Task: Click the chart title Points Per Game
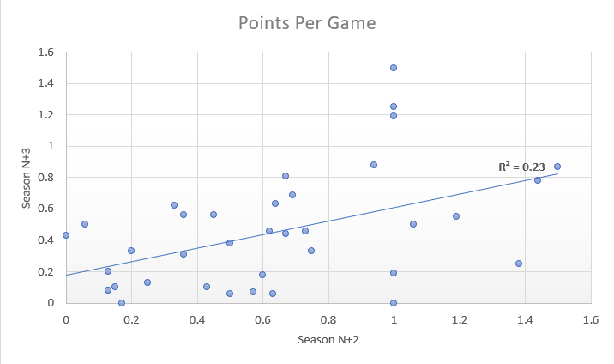tap(306, 23)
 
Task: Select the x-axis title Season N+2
tap(328, 340)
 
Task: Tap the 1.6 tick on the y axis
tap(45, 52)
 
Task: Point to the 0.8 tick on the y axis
tap(45, 178)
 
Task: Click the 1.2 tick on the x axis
tap(460, 319)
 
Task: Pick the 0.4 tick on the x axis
tap(197, 319)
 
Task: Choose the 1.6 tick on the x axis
tap(590, 319)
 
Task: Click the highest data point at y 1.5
tap(394, 68)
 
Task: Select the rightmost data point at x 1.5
tap(557, 167)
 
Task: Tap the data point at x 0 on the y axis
tap(66, 235)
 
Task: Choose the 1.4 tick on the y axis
tap(45, 83)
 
